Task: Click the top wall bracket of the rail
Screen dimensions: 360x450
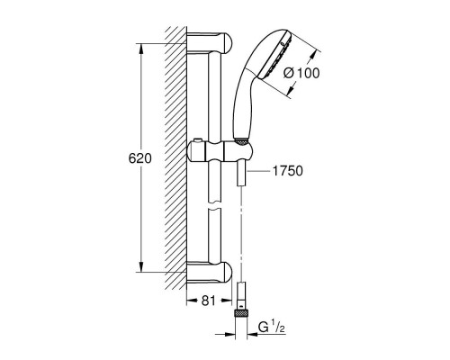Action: tap(211, 43)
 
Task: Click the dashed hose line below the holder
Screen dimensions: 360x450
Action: tap(240, 234)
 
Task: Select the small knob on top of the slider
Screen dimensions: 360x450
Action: tap(198, 140)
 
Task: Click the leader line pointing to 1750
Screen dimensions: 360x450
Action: tap(259, 169)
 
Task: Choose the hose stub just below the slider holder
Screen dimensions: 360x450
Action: tap(240, 174)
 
